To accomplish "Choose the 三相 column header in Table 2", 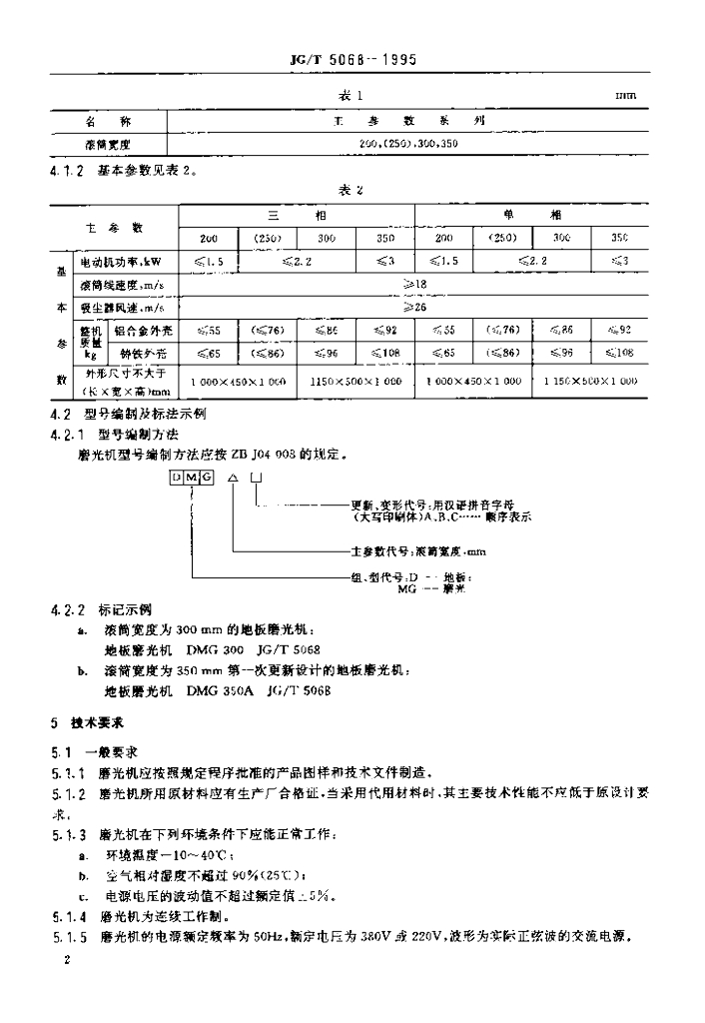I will click(x=296, y=215).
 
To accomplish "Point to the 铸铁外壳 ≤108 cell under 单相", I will click(x=620, y=353).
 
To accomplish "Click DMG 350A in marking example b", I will click(x=216, y=689).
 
